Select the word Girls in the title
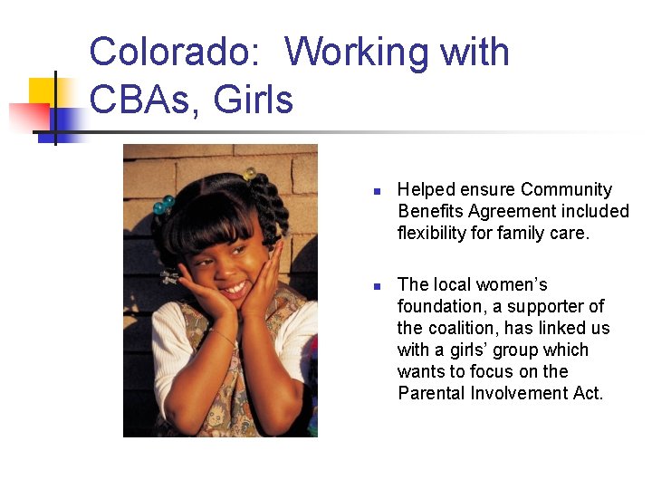coord(254,99)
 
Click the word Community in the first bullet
coord(566,189)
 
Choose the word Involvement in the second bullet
coord(514,393)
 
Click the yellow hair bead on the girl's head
coord(250,173)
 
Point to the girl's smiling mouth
coord(235,288)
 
